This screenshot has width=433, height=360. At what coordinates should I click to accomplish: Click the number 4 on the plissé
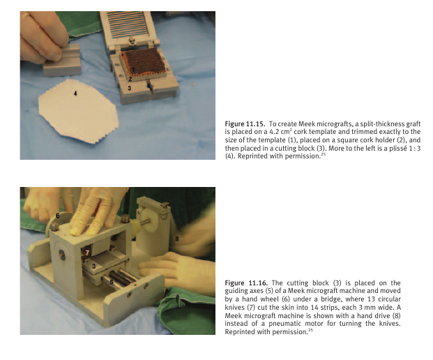75,93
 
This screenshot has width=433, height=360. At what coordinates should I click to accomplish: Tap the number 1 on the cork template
132,69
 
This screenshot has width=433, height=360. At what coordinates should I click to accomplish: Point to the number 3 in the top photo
129,89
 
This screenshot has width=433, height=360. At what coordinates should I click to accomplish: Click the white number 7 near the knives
87,253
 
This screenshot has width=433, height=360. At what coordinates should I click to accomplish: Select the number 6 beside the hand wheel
58,216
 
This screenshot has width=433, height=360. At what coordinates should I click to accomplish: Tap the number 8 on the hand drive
177,239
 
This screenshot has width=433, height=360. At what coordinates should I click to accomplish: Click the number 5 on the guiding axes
112,282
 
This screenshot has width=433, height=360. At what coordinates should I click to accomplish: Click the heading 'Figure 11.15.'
245,123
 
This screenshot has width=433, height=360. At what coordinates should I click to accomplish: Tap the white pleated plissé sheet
79,110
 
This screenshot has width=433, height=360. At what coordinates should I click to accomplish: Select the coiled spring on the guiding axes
119,278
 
